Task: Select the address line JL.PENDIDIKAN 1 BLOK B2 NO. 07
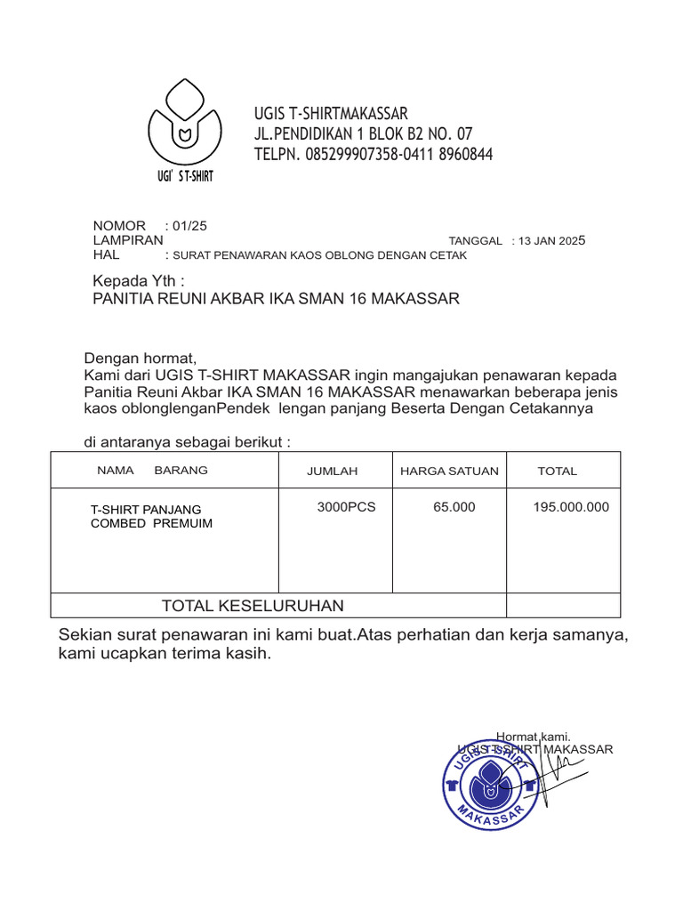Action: point(363,134)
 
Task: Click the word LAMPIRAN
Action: point(128,240)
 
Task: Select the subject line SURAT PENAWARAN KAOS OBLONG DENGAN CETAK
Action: point(319,255)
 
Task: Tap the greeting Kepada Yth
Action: point(139,281)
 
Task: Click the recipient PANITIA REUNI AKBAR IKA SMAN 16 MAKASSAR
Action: point(277,299)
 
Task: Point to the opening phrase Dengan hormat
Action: point(140,359)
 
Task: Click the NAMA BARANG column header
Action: point(152,470)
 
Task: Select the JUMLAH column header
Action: point(332,471)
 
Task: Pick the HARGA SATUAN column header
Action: point(449,471)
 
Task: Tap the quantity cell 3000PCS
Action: point(346,507)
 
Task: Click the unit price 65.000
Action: point(454,507)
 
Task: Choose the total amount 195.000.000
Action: point(571,507)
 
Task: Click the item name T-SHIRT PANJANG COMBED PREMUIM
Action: point(151,516)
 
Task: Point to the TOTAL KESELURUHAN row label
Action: point(253,606)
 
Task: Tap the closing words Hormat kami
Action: point(533,737)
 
